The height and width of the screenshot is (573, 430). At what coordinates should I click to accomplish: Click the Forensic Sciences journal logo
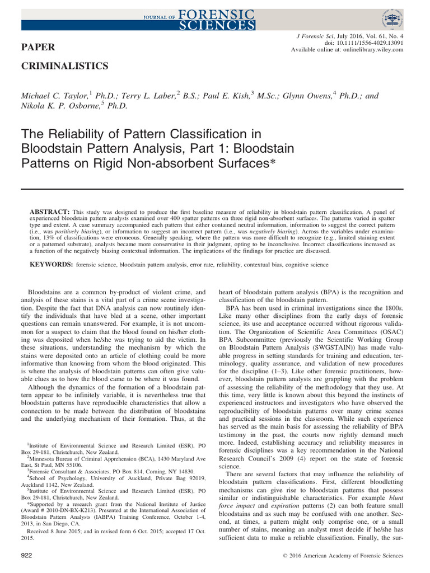215,19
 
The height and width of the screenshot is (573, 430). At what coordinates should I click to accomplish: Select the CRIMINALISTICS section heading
64,66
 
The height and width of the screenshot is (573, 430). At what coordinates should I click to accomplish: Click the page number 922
26,555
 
